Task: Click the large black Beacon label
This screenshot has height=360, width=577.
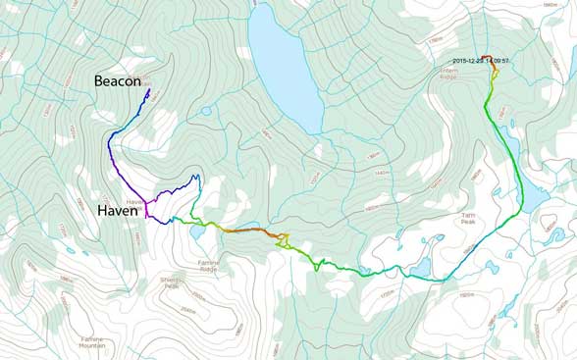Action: click(117, 81)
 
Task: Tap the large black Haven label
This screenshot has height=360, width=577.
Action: click(121, 210)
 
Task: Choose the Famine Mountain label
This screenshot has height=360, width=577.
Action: click(92, 342)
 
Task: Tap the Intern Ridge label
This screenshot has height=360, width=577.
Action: click(456, 73)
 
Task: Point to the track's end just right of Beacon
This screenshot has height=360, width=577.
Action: click(148, 90)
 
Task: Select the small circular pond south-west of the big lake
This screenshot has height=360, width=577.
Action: click(205, 111)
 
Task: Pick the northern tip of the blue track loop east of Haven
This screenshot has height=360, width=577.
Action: click(196, 177)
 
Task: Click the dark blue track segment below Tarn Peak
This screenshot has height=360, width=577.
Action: click(481, 244)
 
